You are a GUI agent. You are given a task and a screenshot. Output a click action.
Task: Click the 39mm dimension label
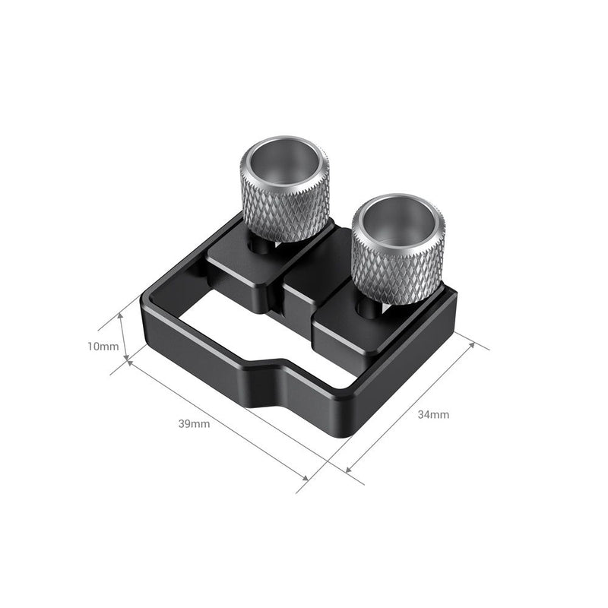point(194,424)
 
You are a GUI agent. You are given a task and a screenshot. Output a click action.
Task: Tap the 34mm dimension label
point(433,415)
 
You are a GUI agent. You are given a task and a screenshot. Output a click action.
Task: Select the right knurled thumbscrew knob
point(398,251)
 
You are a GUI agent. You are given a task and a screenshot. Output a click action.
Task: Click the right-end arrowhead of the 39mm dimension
point(306,479)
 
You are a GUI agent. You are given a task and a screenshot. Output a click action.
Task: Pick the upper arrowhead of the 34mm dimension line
point(473,344)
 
